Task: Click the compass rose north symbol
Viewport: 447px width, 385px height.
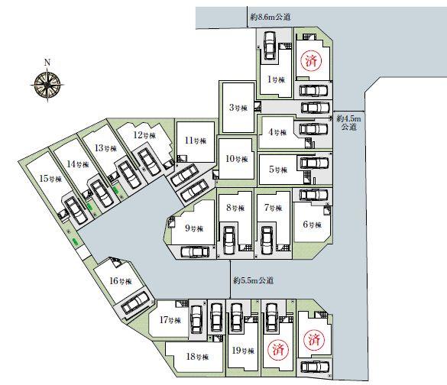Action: point(47,85)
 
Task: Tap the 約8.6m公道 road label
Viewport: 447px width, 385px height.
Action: point(270,17)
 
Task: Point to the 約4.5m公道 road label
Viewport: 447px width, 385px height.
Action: point(348,122)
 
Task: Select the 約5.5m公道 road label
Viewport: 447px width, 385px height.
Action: point(253,280)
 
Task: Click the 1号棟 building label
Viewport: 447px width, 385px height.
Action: point(276,79)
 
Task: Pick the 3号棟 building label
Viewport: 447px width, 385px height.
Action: point(238,108)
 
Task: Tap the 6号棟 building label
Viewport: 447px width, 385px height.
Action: point(313,225)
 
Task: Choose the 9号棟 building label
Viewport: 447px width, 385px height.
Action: point(194,228)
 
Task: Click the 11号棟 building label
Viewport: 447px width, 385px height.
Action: point(196,141)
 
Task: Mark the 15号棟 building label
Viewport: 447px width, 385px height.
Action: point(50,179)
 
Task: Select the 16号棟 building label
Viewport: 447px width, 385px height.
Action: point(121,281)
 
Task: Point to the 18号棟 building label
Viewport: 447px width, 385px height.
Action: point(197,356)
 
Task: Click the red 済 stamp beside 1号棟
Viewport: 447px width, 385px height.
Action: point(311,61)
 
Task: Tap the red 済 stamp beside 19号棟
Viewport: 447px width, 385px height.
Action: point(278,349)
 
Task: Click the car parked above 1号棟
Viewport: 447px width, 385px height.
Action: point(270,45)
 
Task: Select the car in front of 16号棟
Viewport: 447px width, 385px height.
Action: point(134,303)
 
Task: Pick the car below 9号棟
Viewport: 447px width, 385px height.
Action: point(195,252)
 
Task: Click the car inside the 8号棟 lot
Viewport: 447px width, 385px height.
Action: point(229,241)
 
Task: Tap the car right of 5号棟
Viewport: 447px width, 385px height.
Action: point(314,163)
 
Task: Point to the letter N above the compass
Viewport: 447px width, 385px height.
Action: point(47,63)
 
